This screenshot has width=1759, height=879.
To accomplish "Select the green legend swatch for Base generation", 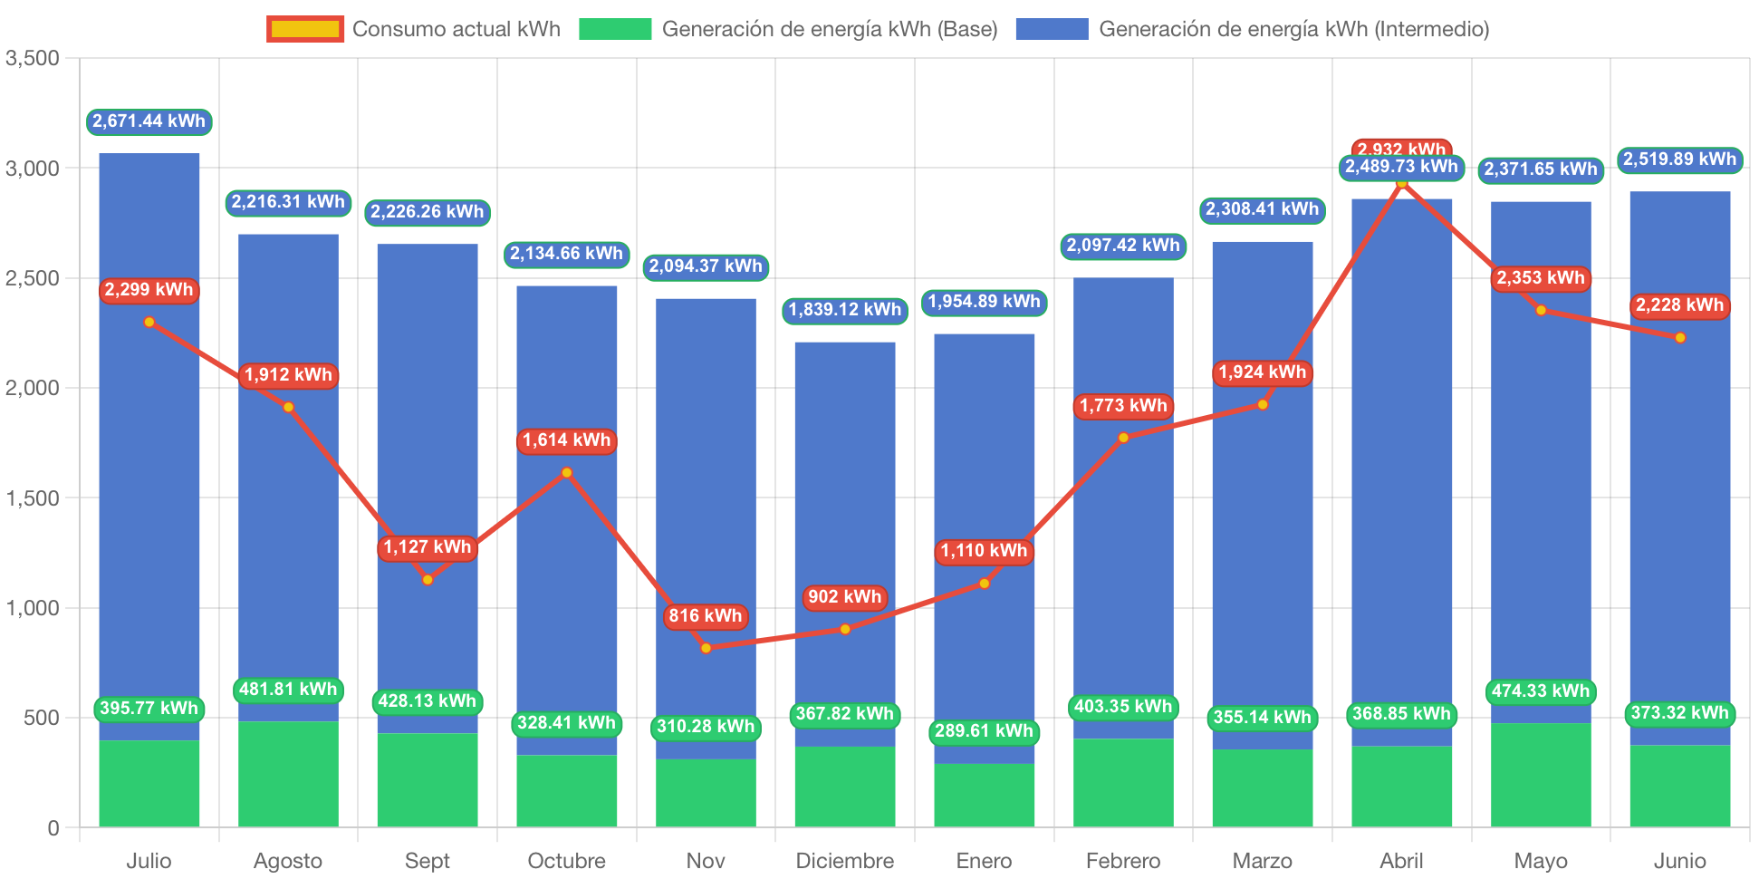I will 615,29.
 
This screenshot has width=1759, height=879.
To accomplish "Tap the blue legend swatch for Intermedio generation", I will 1051,29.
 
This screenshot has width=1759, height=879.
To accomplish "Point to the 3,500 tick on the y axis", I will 33,59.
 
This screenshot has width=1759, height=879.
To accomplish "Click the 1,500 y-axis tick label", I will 33,498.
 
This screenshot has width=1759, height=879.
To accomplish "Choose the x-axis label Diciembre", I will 844,860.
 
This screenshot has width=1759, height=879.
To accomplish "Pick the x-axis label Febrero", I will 1122,860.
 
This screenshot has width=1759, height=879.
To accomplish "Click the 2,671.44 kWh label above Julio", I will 149,121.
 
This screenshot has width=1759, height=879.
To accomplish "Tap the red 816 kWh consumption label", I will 706,616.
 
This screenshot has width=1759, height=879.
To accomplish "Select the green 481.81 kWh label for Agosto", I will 288,690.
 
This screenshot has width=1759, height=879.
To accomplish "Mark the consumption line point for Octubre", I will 567,472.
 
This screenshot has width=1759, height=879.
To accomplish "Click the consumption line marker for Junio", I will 1680,338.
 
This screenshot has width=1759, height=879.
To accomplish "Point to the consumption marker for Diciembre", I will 845,629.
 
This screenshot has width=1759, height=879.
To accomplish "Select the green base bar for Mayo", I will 1541,775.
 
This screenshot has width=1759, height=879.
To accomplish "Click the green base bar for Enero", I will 985,795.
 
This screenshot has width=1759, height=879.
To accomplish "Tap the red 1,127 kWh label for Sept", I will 428,547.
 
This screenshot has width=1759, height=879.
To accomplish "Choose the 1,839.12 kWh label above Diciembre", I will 845,310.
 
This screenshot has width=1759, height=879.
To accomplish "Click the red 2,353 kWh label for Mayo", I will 1541,278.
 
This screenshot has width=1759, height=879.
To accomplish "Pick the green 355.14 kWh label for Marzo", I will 1263,718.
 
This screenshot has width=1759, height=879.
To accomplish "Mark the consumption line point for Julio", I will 149,322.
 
